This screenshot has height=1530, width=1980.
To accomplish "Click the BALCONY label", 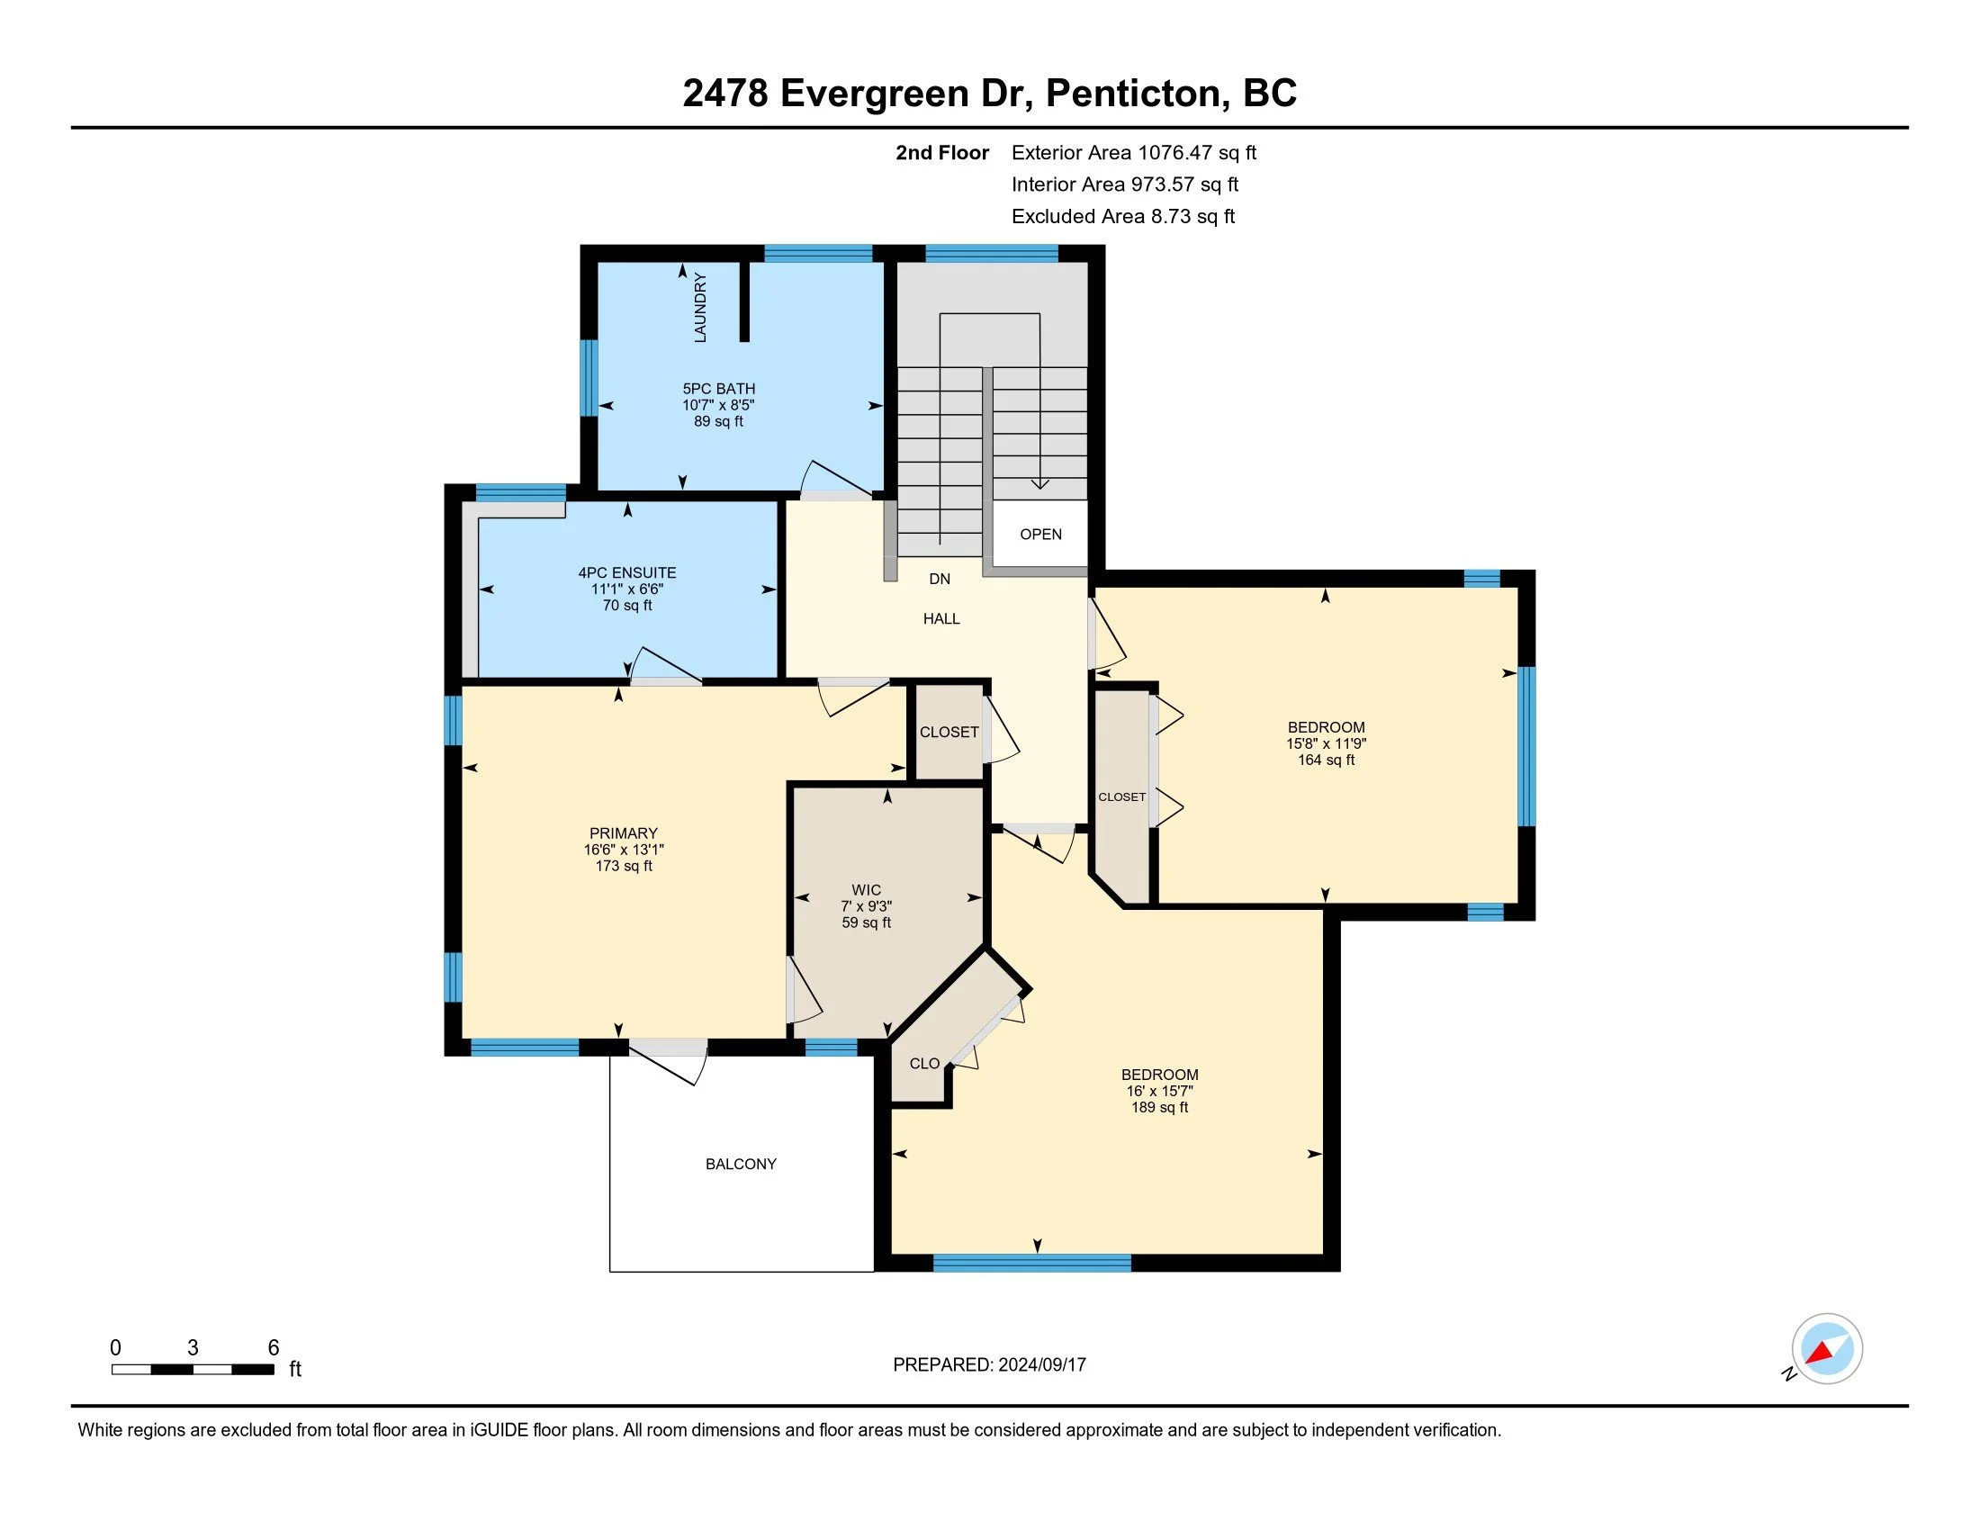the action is (741, 1164).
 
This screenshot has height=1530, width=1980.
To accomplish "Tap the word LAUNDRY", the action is (700, 307).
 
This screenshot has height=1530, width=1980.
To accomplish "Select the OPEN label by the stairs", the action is (1040, 534).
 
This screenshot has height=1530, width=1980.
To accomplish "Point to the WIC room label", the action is (866, 890).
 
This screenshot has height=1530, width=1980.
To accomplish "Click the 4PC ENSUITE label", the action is (627, 572).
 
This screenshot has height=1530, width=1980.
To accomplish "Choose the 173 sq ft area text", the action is (624, 866).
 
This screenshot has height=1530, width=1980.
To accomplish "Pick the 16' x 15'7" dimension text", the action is (1159, 1092).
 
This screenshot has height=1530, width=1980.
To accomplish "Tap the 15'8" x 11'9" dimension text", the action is (1327, 743).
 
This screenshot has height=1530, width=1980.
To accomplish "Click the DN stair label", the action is (940, 579).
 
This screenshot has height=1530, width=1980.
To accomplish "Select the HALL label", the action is (941, 618).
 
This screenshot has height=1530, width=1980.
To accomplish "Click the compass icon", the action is (1827, 1349).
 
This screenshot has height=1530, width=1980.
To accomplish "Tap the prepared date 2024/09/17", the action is (1041, 1364).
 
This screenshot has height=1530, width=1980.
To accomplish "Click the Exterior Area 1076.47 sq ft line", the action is (1134, 152).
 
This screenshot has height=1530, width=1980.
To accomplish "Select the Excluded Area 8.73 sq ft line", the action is (1123, 216).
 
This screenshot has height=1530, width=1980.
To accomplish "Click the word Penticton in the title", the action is (1138, 94).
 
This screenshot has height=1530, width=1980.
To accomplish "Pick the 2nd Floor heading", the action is (942, 152).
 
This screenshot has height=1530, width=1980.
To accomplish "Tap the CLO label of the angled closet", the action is (924, 1063).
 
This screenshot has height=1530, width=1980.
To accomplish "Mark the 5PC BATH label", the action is (719, 389).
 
